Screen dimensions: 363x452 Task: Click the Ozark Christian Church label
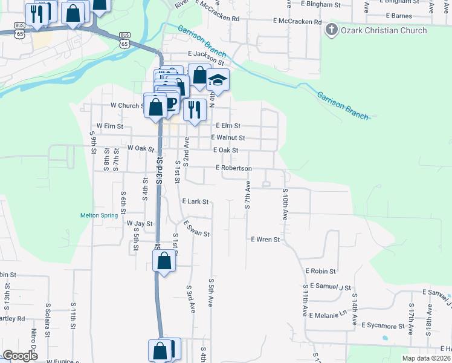(384, 30)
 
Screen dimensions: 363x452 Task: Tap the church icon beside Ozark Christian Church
(332, 30)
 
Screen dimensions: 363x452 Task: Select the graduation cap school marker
(218, 80)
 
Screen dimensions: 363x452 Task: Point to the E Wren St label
(266, 240)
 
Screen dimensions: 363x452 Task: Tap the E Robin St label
(320, 272)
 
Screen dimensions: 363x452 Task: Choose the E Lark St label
(195, 201)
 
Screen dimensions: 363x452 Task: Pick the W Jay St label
(139, 223)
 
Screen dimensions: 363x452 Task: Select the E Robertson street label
(233, 168)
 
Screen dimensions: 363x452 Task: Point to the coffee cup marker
(170, 102)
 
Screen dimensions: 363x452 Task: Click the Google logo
(21, 356)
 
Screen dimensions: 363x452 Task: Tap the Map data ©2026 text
(426, 358)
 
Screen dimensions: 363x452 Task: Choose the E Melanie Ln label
(329, 315)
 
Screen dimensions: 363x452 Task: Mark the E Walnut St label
(228, 138)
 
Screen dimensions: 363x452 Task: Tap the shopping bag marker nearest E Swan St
(164, 261)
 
